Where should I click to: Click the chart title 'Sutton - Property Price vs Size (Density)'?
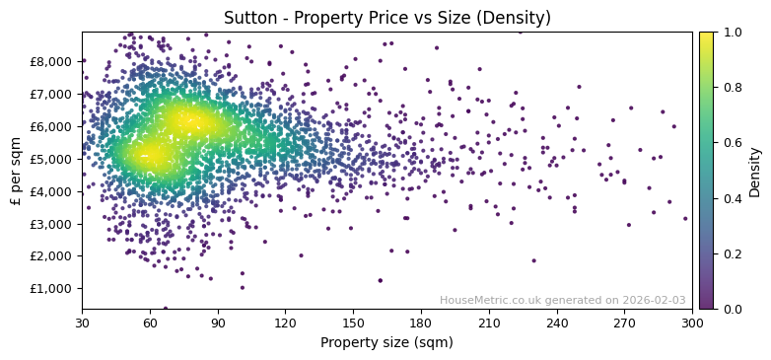[x=386, y=18]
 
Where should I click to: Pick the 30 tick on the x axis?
[x=82, y=323]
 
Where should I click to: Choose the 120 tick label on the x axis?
[x=285, y=323]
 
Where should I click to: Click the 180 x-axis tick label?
[x=421, y=323]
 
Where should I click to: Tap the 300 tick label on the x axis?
[x=692, y=323]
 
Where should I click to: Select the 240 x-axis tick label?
[x=556, y=323]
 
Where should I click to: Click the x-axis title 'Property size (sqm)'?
[x=386, y=342]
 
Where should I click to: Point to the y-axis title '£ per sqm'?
[x=16, y=171]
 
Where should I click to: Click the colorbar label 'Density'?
[x=755, y=171]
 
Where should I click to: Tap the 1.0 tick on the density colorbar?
[x=731, y=33]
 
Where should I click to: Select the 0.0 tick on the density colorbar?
[x=731, y=309]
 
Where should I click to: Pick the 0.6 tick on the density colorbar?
[x=731, y=143]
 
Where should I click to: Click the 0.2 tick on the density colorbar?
[x=731, y=253]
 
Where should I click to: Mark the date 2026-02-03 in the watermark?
[x=654, y=300]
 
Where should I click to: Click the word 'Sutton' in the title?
[x=247, y=18]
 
